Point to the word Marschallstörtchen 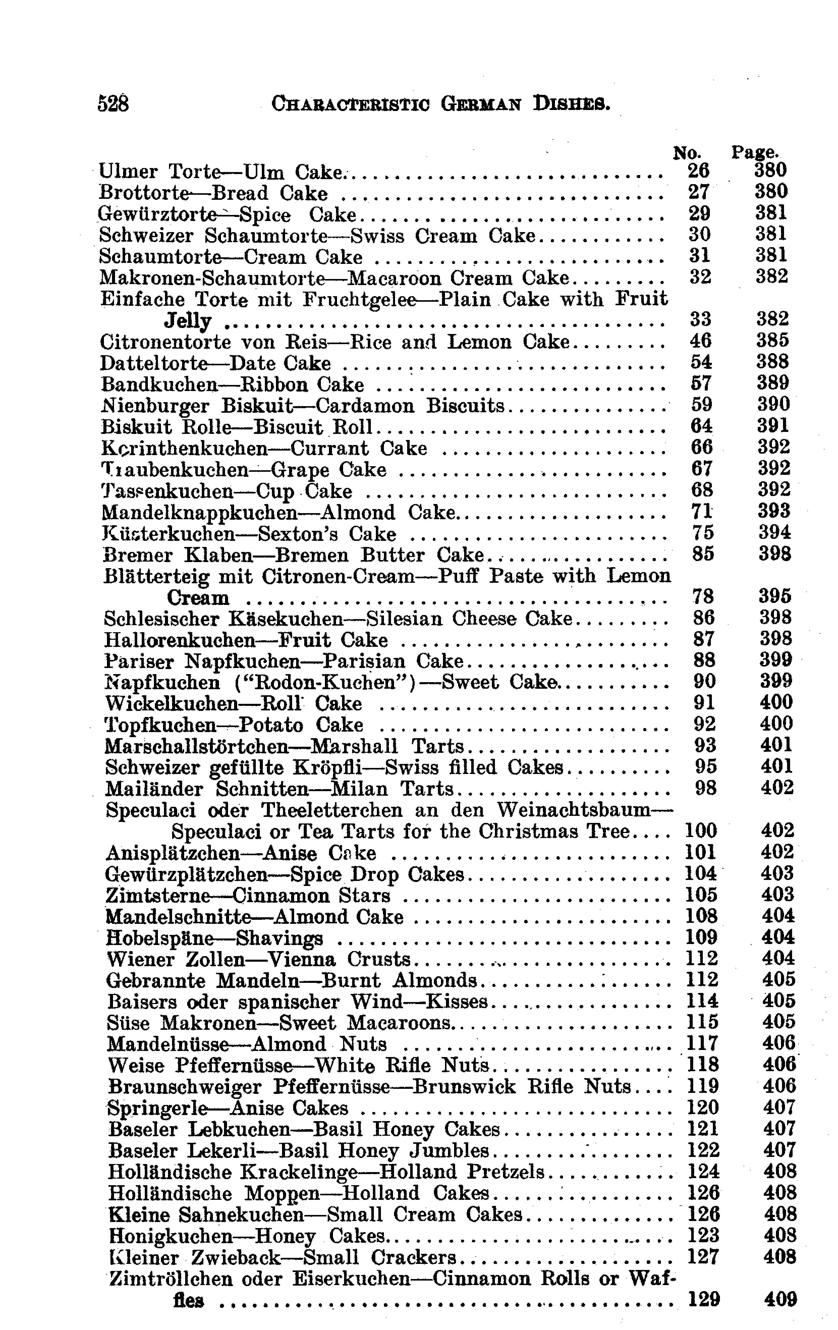point(197,746)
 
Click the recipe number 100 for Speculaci point(701,831)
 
